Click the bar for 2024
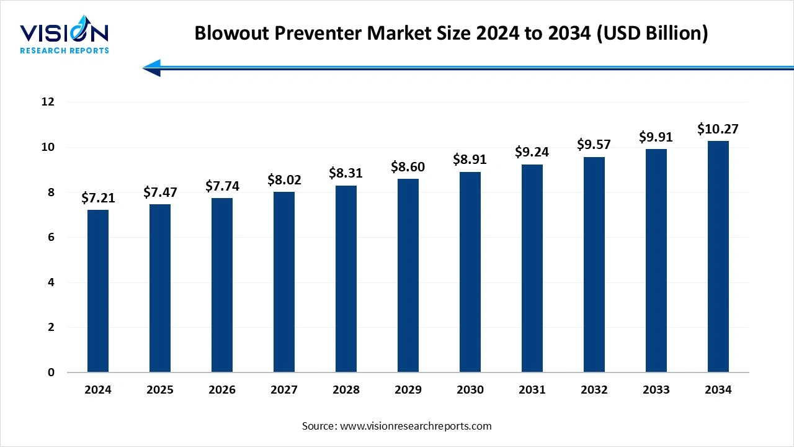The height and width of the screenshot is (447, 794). (98, 291)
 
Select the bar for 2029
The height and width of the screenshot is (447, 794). (408, 276)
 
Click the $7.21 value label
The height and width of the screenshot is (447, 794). (98, 198)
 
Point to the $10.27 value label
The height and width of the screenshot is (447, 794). (718, 129)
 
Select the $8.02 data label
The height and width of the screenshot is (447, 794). (284, 180)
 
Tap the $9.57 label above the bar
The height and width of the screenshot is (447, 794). (594, 145)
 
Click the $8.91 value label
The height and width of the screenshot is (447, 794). (470, 160)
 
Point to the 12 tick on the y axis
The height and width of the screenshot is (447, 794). (48, 102)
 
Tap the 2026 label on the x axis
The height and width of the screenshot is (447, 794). (222, 390)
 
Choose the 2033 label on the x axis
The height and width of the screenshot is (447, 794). (656, 390)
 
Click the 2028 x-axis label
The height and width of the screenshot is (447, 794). (346, 390)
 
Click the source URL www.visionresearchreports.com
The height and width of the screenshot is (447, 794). (416, 426)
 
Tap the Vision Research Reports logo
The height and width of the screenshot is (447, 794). (65, 37)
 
